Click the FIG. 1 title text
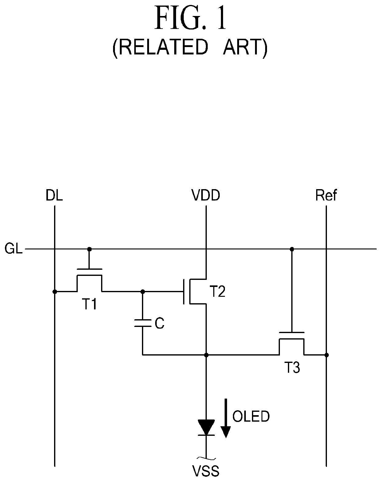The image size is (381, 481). click(x=190, y=18)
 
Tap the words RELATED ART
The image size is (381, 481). click(x=190, y=48)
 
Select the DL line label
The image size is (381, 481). click(x=54, y=195)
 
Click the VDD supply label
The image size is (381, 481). click(x=206, y=195)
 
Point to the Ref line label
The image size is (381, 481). click(x=326, y=195)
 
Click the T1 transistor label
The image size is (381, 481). click(x=89, y=304)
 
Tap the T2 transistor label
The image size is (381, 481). click(x=218, y=292)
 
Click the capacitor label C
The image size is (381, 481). click(x=159, y=323)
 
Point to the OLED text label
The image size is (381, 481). click(x=251, y=416)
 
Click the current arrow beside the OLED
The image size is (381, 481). click(x=226, y=418)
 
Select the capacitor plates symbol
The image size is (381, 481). click(x=143, y=323)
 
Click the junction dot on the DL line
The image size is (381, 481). click(x=55, y=292)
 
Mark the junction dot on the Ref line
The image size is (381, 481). click(x=327, y=355)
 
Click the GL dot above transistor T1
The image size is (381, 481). click(x=89, y=249)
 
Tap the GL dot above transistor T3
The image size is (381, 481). click(x=292, y=249)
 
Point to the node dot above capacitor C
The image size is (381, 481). click(x=143, y=292)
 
